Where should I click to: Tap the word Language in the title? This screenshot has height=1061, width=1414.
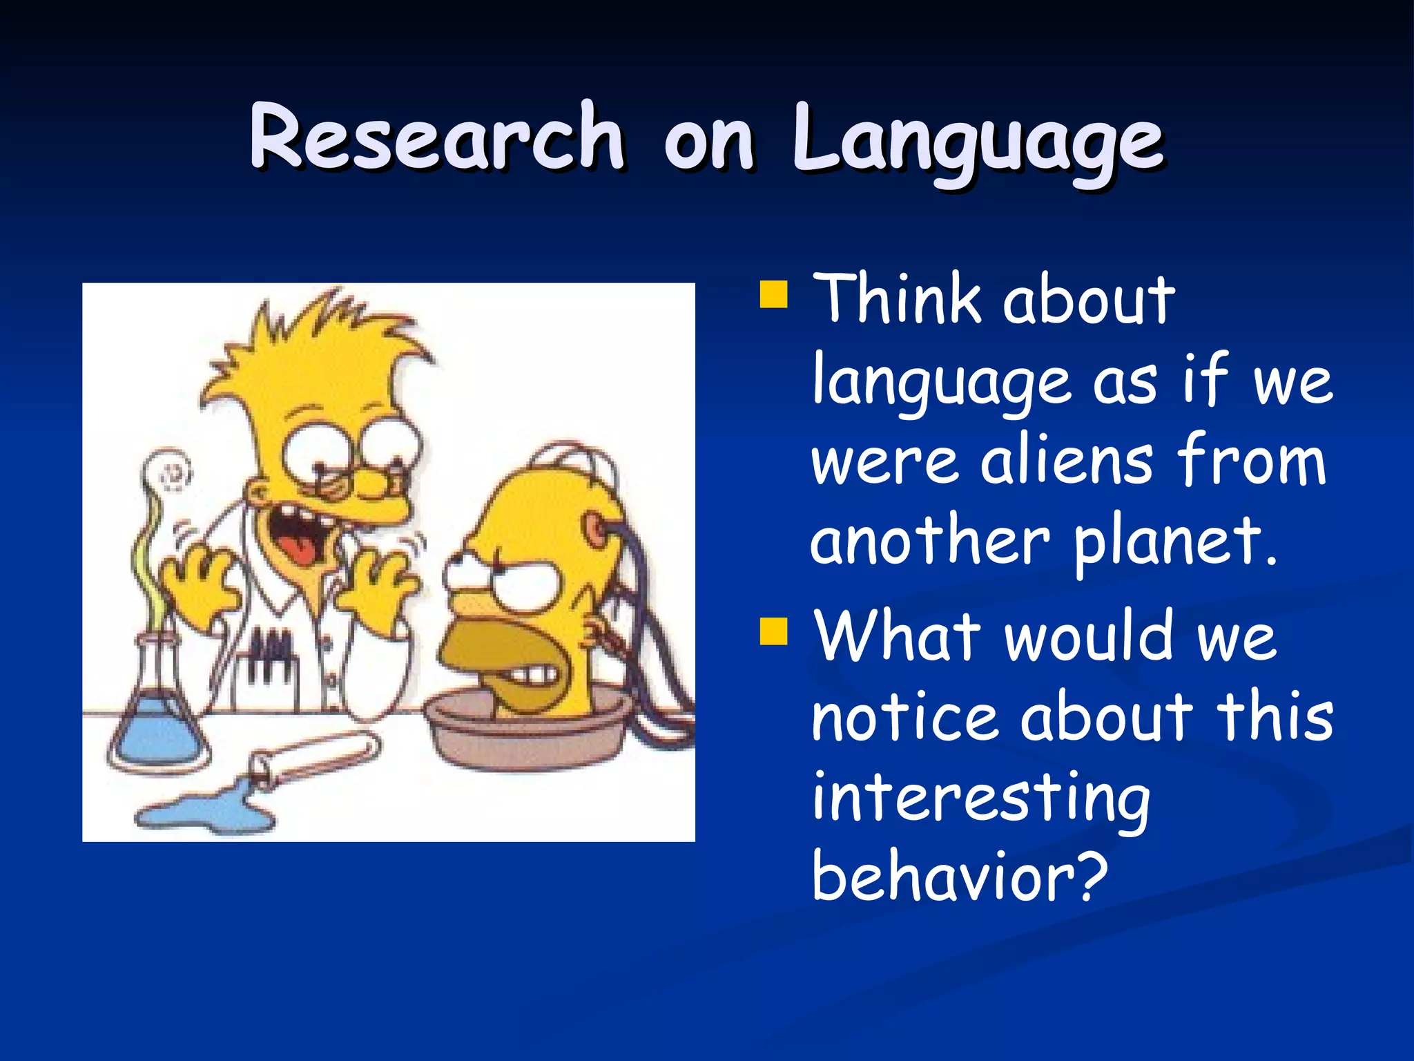[x=978, y=142]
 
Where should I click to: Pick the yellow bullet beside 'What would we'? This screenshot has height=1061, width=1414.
[x=773, y=631]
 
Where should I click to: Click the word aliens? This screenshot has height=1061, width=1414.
[x=1066, y=461]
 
